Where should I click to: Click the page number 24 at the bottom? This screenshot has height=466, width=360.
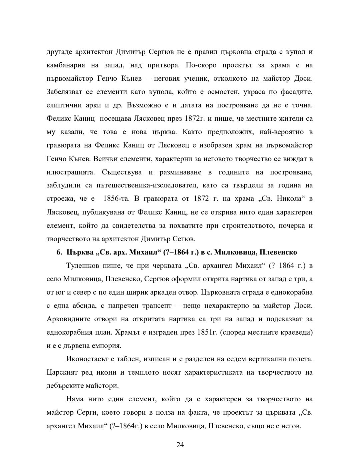pyautogui.click(x=180, y=445)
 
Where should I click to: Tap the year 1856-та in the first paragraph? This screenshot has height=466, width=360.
pyautogui.click(x=116, y=199)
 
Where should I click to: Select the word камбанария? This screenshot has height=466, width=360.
pyautogui.click(x=66, y=65)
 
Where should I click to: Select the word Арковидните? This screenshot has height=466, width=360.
pyautogui.click(x=69, y=319)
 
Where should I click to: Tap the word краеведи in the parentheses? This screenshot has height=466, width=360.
pyautogui.click(x=297, y=333)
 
